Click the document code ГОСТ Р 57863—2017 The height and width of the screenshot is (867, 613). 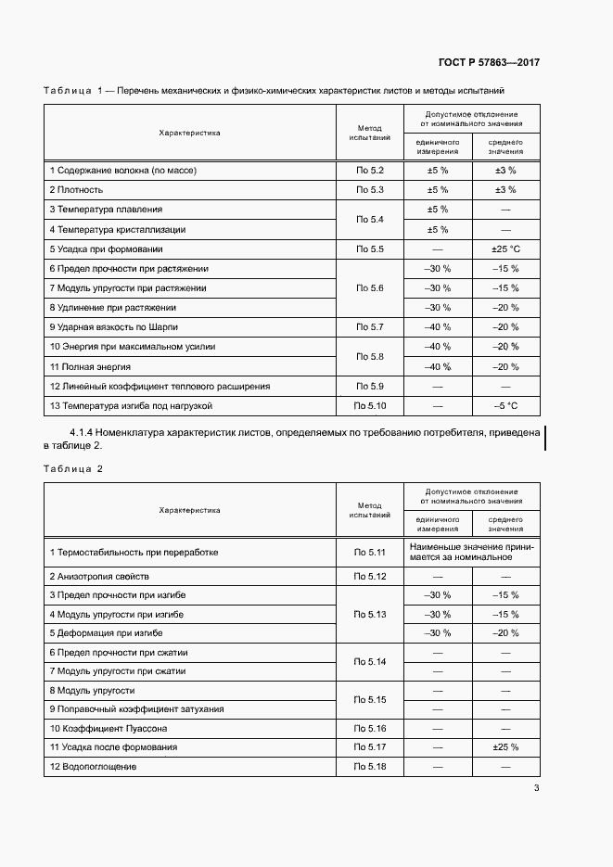point(489,63)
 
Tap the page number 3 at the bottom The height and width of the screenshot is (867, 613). point(536,789)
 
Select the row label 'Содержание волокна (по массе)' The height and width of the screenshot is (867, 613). point(122,171)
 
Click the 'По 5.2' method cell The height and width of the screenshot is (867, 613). point(369,171)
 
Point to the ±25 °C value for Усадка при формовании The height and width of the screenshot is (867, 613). point(504,249)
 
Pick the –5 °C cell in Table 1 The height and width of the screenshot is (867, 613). point(504,406)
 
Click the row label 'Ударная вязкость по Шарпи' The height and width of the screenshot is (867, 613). point(113,327)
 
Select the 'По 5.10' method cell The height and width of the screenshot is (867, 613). point(369,406)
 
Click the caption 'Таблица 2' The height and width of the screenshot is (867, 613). point(73,468)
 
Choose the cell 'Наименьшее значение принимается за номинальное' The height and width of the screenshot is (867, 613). point(472,552)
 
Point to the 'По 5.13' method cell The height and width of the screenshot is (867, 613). point(369,614)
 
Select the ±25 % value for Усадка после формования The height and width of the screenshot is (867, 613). point(504,747)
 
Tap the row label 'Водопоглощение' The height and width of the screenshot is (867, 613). point(94,767)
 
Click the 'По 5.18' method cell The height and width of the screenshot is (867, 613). point(369,767)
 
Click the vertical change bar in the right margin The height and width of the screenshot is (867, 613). point(544,439)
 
